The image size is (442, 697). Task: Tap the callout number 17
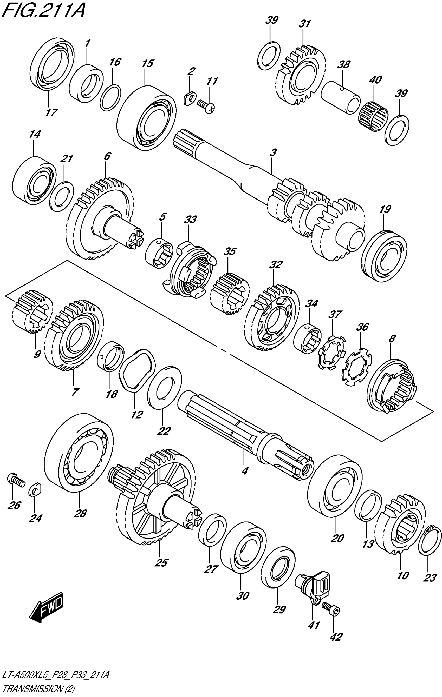tap(51, 112)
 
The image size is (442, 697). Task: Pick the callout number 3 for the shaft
tap(272, 152)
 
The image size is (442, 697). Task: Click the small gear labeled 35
tap(229, 294)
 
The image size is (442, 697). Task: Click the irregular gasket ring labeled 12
tap(136, 370)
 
